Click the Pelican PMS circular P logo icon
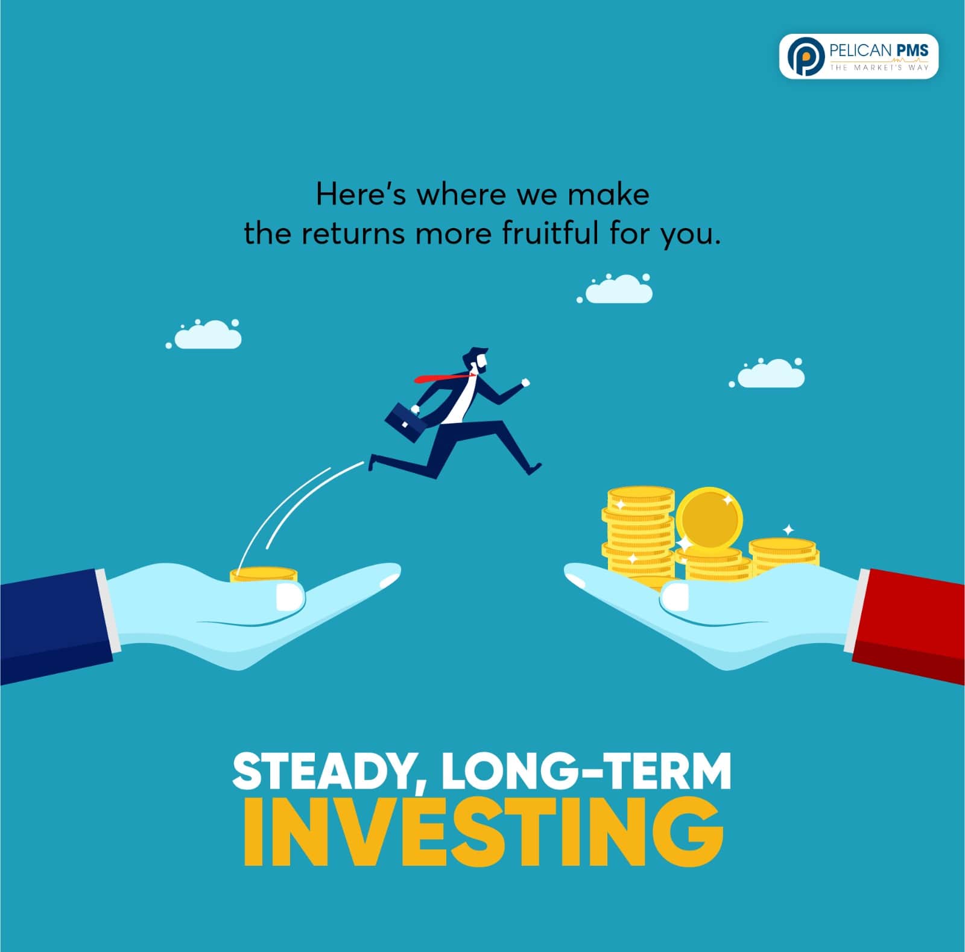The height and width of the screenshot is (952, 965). tap(805, 56)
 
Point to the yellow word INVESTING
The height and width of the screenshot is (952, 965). tap(483, 831)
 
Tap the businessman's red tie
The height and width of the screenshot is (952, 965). tap(443, 378)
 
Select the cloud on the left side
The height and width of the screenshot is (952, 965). tap(206, 334)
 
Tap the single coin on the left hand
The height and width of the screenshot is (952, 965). tap(264, 574)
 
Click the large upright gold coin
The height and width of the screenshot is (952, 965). tap(709, 518)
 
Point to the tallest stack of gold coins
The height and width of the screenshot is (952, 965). tap(639, 535)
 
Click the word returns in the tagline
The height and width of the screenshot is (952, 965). tap(353, 234)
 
